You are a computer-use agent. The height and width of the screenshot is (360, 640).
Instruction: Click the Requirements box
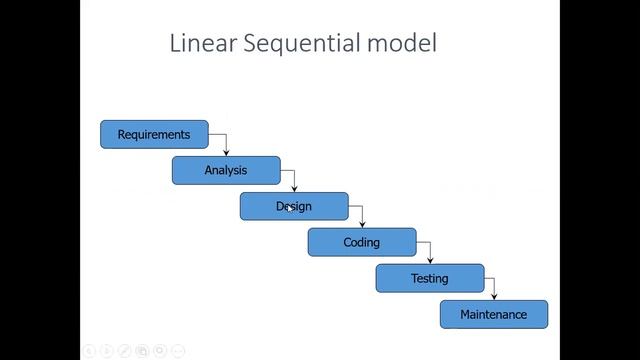pyautogui.click(x=154, y=134)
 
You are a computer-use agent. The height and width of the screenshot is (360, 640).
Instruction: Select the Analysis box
pyautogui.click(x=226, y=170)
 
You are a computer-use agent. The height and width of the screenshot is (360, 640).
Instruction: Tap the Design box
pyautogui.click(x=294, y=206)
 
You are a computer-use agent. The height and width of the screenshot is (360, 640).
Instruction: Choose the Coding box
pyautogui.click(x=362, y=242)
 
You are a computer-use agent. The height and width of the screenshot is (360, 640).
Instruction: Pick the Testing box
pyautogui.click(x=430, y=278)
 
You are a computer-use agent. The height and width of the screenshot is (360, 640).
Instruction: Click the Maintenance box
pyautogui.click(x=494, y=314)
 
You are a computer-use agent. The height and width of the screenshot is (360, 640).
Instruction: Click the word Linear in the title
pyautogui.click(x=205, y=44)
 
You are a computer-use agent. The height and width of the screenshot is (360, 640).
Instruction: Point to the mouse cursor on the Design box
pyautogui.click(x=289, y=208)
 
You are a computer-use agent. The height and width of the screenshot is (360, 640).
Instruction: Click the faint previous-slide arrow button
pyautogui.click(x=89, y=351)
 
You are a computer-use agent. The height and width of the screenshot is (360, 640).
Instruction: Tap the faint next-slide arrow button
pyautogui.click(x=107, y=351)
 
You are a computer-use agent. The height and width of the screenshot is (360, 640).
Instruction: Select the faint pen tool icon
pyautogui.click(x=125, y=351)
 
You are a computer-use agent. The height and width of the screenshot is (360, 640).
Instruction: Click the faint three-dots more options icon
pyautogui.click(x=179, y=351)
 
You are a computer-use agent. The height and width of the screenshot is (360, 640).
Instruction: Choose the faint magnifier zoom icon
pyautogui.click(x=161, y=351)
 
